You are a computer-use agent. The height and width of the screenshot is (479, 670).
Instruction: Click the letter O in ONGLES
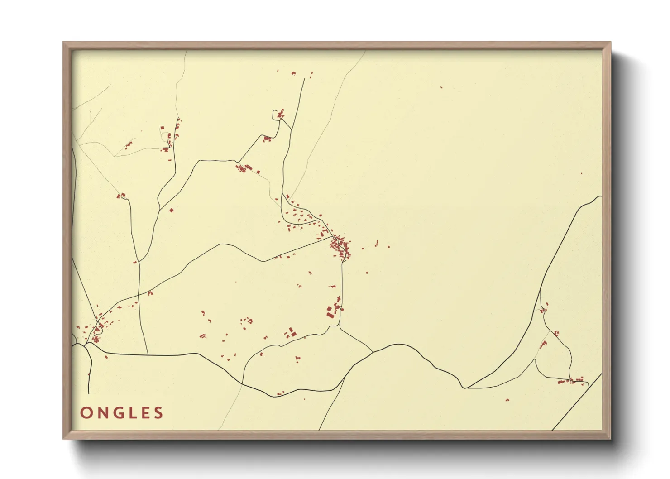pos(86,413)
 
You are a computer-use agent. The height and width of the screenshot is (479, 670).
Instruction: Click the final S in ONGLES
pos(158,413)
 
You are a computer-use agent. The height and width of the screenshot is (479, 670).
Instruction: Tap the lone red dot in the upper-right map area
pos(441,87)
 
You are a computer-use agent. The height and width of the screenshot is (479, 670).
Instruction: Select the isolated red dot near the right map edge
pos(582,173)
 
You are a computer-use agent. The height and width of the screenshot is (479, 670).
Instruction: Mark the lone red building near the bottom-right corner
pos(507,400)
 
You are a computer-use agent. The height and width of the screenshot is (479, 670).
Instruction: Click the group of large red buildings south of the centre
pos(333,310)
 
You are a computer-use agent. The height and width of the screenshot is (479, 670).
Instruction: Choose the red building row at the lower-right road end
pos(571,381)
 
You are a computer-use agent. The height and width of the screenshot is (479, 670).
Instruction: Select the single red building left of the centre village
pos(171,210)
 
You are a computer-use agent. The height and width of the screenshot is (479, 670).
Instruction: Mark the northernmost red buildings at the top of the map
pos(293,73)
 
